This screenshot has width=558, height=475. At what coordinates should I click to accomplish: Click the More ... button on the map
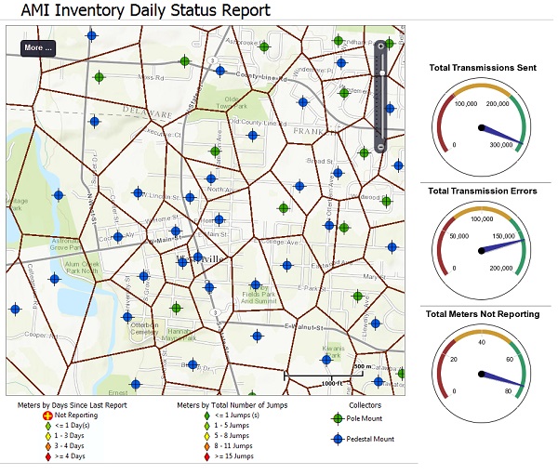click(x=38, y=47)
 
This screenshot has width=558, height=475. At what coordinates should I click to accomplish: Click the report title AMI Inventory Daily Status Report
click(x=139, y=10)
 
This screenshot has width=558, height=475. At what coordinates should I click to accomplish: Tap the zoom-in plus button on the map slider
click(x=380, y=46)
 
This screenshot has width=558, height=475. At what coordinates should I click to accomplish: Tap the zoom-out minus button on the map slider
click(x=380, y=148)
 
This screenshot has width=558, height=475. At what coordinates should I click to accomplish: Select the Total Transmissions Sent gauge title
click(x=482, y=67)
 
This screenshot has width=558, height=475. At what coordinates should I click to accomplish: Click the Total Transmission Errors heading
click(x=482, y=191)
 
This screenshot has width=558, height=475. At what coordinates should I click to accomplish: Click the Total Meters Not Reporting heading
click(x=482, y=314)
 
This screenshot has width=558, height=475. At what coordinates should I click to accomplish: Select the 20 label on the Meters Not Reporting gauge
click(x=454, y=359)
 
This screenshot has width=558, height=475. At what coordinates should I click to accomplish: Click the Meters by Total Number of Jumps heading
click(x=232, y=405)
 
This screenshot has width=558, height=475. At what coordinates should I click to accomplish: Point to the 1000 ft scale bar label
click(x=333, y=383)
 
